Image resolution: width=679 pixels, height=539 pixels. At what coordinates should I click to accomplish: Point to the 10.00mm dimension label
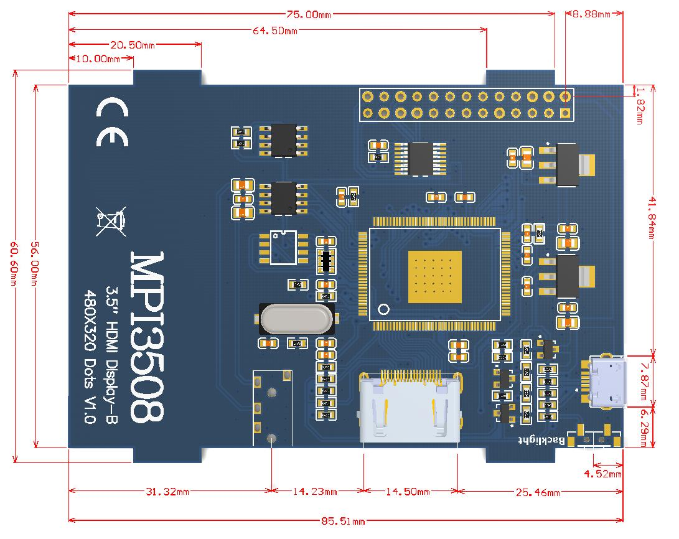click(98, 59)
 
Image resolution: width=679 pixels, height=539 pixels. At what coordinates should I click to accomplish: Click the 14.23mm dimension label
click(316, 492)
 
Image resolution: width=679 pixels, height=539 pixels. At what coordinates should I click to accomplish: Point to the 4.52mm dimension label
click(602, 474)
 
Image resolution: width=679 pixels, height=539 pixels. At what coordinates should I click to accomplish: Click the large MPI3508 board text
click(148, 337)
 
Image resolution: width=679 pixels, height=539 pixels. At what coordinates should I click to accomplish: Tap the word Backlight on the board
click(542, 441)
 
